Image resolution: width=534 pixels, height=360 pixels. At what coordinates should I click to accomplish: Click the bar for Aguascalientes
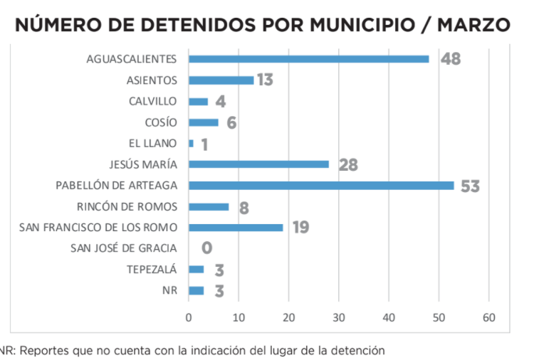tap(308, 59)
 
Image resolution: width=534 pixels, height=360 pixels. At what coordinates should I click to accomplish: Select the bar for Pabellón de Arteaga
tap(321, 186)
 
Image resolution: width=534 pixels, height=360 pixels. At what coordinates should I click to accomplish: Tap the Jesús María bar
tap(258, 164)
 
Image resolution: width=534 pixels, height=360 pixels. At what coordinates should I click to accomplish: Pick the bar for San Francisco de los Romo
tap(236, 228)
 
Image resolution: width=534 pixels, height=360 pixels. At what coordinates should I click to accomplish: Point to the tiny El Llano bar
tap(191, 144)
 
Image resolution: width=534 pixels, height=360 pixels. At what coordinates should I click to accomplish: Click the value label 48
tap(450, 59)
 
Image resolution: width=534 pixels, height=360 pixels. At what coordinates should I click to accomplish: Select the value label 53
tap(469, 186)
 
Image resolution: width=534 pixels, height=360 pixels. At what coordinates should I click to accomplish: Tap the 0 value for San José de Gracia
tap(206, 249)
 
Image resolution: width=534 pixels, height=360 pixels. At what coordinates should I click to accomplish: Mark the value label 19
tap(300, 228)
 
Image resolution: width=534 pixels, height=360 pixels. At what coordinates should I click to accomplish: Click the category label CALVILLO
tap(153, 101)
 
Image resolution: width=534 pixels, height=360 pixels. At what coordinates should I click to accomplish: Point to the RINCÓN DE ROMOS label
tap(127, 207)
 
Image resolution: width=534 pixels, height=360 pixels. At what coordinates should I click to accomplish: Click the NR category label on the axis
tap(169, 291)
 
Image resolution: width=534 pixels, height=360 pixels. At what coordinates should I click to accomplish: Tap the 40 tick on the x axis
tap(389, 317)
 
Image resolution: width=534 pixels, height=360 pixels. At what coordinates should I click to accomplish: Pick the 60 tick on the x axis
tap(489, 317)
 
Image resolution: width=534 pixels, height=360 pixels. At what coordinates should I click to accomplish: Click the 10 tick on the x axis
tap(239, 317)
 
